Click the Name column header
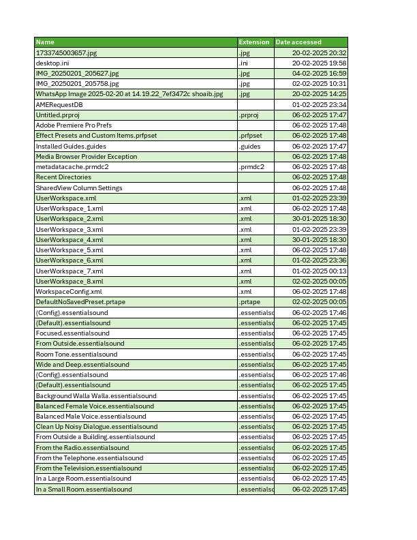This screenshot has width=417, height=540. [x=45, y=42]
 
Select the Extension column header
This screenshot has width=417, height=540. [x=254, y=42]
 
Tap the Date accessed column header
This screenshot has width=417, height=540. [x=298, y=42]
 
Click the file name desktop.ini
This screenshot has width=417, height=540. [x=52, y=63]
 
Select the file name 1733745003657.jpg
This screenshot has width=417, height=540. [x=66, y=52]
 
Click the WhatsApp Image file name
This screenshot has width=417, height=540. [x=129, y=94]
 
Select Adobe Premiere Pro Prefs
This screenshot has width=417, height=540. [x=74, y=125]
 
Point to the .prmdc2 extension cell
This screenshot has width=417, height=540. [x=251, y=167]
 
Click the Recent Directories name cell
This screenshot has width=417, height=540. [x=63, y=177]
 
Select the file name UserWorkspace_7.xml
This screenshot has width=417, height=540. [x=69, y=271]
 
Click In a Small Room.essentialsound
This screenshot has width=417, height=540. [x=84, y=489]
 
